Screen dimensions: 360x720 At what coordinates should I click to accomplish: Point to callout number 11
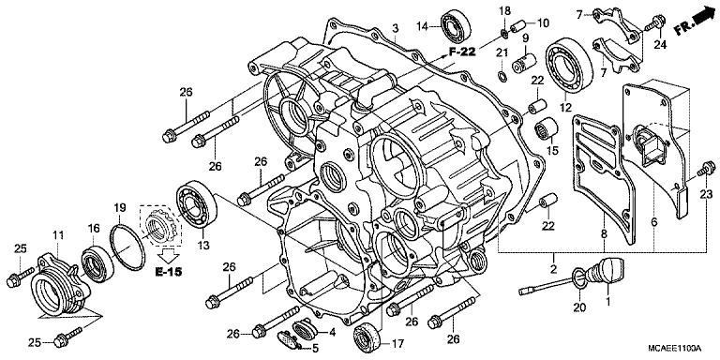[57, 233]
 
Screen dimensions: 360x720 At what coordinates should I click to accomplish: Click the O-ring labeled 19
[124, 242]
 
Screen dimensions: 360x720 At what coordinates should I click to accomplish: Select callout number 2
[555, 270]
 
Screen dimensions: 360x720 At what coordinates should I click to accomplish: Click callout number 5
[315, 349]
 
